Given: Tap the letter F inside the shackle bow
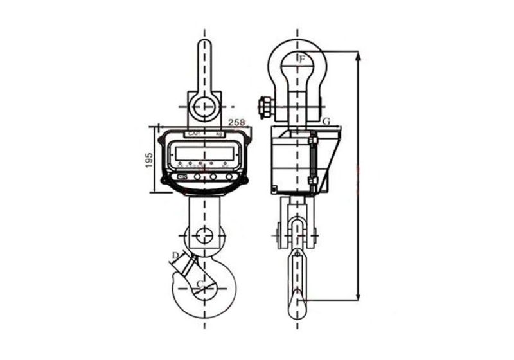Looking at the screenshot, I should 303,60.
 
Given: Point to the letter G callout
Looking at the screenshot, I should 326,121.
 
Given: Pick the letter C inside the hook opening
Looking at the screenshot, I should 200,283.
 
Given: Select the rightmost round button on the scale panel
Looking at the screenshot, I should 228,175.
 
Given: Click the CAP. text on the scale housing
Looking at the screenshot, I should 193,134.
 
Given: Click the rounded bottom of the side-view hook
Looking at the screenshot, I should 296,313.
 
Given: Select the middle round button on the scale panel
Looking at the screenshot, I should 213,175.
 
